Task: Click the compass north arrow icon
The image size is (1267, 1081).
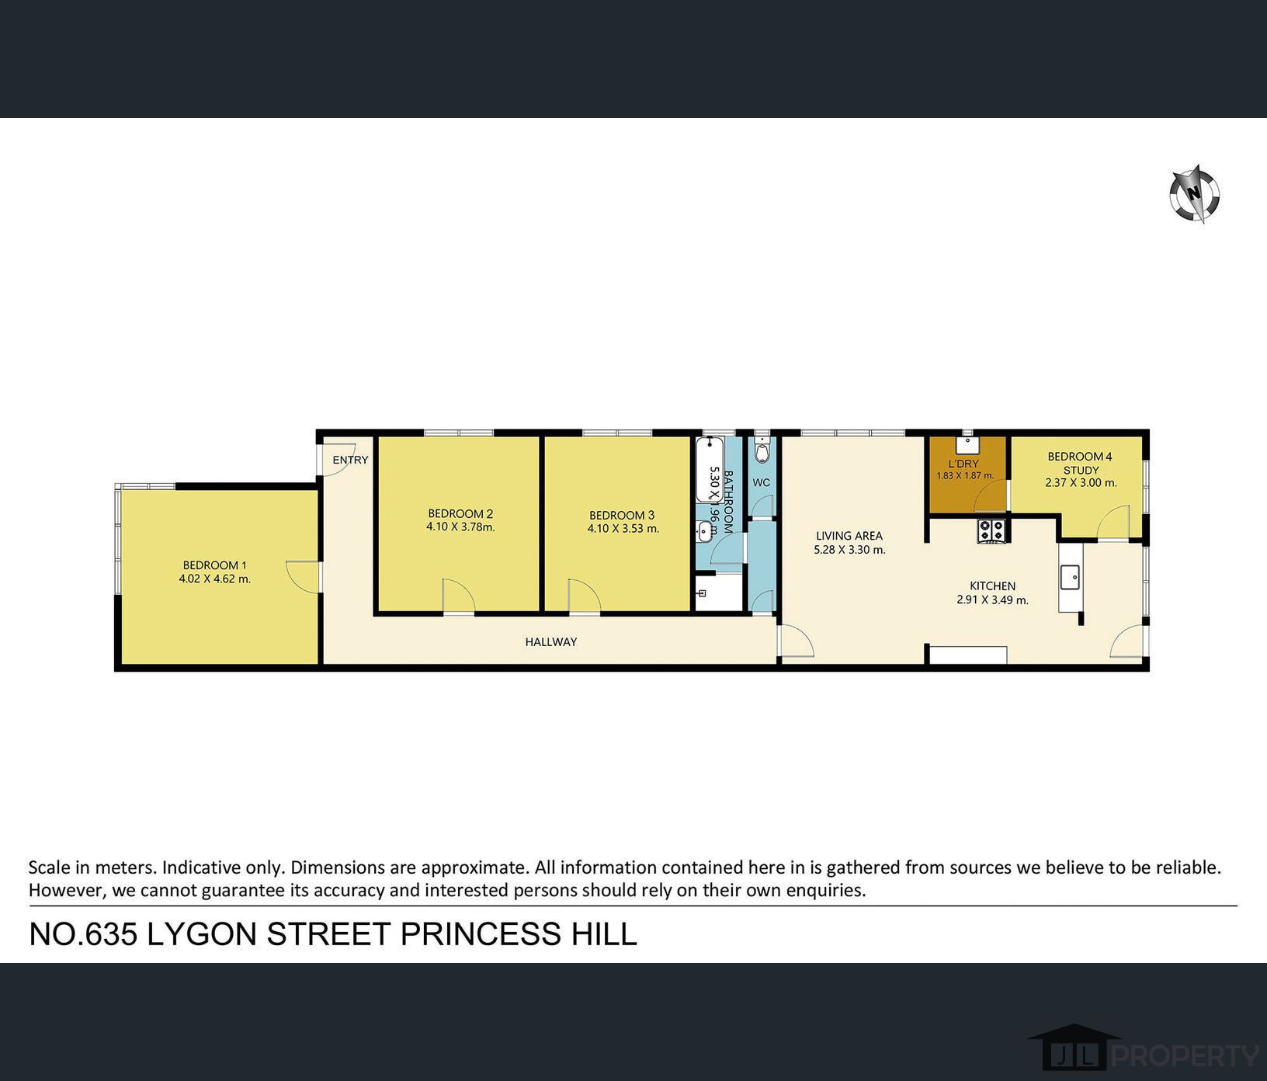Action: [1195, 194]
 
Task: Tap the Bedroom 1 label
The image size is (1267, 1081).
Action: [214, 565]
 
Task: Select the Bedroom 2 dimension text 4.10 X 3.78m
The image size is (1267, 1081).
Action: [460, 527]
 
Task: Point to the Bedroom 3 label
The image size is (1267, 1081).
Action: [621, 515]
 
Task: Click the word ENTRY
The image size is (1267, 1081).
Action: [350, 460]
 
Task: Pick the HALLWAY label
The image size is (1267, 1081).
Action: [550, 642]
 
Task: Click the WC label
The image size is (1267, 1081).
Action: [761, 482]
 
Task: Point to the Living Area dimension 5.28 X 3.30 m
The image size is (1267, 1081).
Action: [849, 550]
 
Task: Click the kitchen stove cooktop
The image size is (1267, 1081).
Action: [991, 530]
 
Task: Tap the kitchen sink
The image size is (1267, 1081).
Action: [1071, 577]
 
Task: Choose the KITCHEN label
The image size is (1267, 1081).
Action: [992, 586]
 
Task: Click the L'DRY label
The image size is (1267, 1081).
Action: [963, 464]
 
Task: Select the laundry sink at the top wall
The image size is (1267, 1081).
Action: [967, 444]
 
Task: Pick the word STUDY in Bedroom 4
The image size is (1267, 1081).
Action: [1081, 470]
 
